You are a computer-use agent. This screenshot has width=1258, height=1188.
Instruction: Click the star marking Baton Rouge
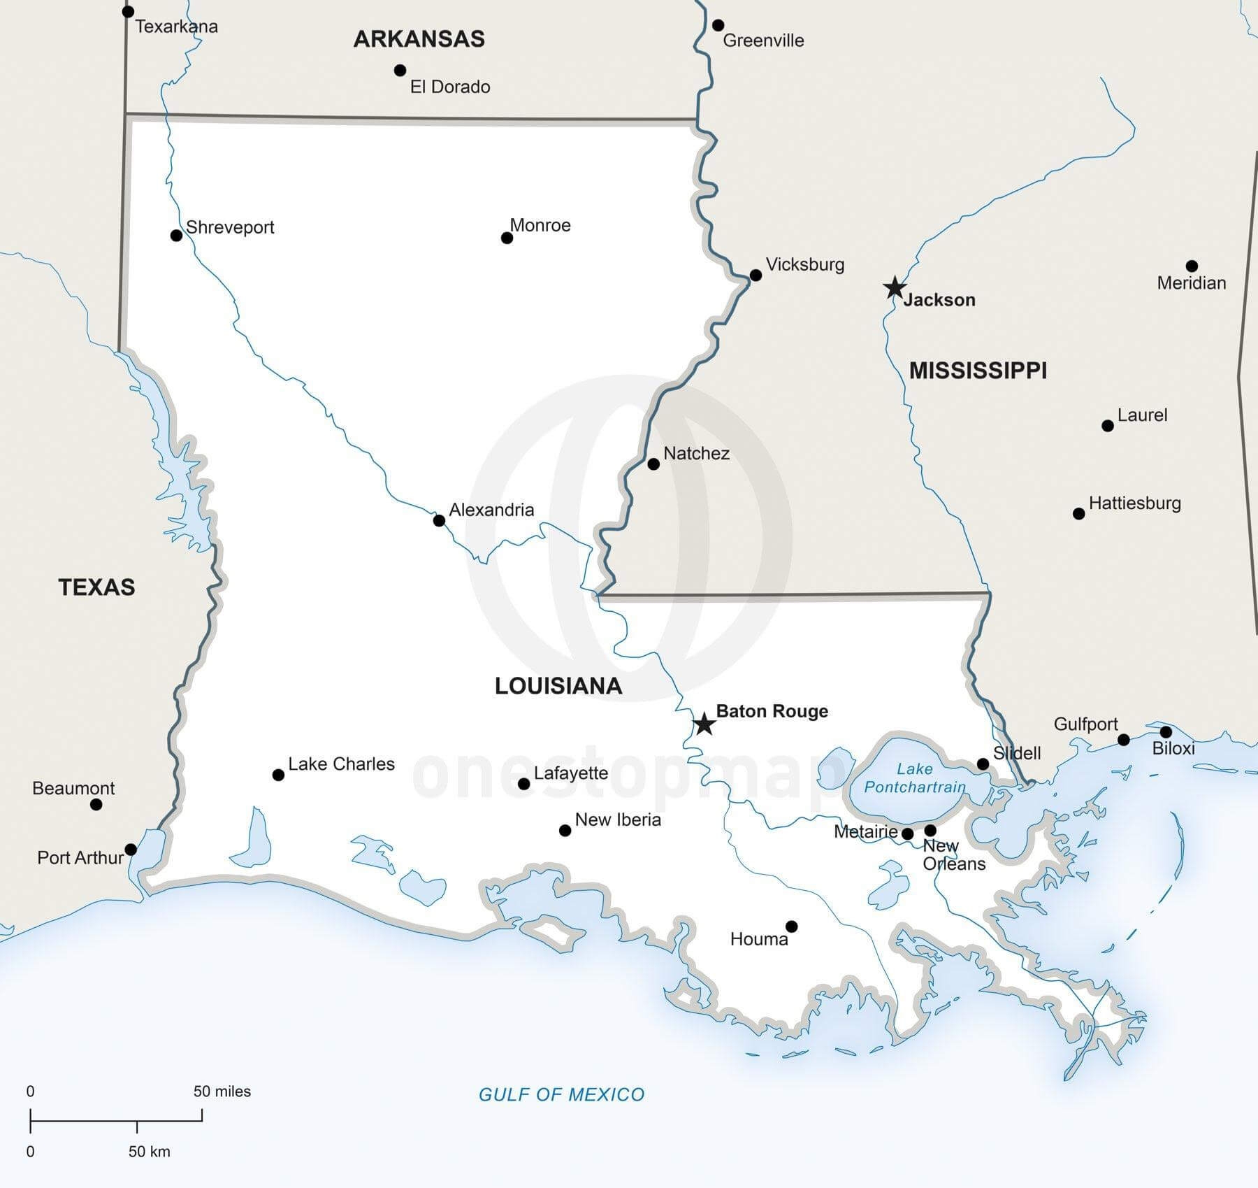pos(704,724)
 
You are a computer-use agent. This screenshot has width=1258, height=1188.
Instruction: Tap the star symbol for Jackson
pos(895,287)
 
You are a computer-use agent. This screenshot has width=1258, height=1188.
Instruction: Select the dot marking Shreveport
pos(176,236)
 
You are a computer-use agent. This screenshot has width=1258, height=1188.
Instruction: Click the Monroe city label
pos(540,225)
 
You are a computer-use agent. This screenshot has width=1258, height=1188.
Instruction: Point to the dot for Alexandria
pos(439,520)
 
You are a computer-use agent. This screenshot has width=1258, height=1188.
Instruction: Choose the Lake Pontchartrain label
pos(915,778)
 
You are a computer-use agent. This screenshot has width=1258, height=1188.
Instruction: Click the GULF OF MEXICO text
pos(561,1094)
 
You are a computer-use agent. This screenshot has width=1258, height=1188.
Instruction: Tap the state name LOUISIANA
pos(558,686)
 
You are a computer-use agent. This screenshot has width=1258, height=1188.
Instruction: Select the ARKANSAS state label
pos(419,38)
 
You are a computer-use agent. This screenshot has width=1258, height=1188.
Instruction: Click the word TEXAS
pos(96,587)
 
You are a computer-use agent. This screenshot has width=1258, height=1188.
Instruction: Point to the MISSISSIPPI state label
pos(977,370)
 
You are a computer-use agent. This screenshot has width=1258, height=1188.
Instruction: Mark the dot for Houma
pos(791,926)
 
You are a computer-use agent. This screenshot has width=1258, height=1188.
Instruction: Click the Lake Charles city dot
pos(278,775)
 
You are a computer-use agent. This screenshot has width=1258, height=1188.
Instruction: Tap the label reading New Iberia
pos(618,820)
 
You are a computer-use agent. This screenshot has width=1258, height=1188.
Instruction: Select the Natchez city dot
pos(653,464)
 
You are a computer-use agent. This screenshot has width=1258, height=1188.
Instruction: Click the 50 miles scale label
pos(222,1091)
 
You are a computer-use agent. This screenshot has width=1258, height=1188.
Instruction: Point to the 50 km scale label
pos(149,1152)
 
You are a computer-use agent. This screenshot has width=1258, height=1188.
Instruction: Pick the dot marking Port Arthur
pos(131,850)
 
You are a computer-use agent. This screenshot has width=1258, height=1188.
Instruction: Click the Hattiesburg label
pos(1134,503)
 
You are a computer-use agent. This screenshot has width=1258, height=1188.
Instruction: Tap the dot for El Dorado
pos(400,70)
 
